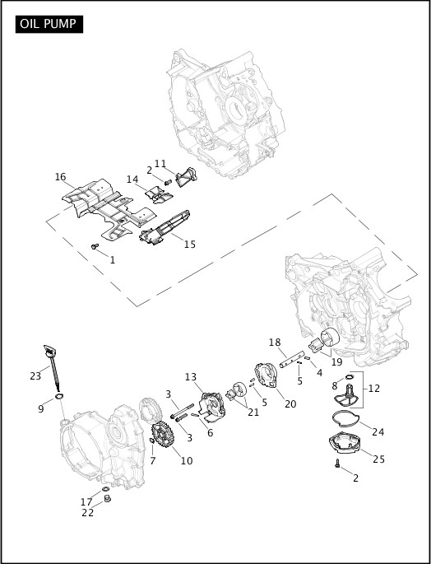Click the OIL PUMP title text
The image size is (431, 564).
[49, 23]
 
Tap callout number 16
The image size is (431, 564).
[60, 177]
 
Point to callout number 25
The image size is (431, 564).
[378, 459]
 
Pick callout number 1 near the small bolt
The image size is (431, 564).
[112, 259]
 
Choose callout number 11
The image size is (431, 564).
[160, 163]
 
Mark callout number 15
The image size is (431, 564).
[189, 244]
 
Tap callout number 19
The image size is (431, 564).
[337, 361]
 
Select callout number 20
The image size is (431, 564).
[290, 403]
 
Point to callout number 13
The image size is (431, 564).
[191, 376]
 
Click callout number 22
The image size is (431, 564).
[87, 512]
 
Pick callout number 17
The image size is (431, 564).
[86, 501]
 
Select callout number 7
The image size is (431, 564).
[153, 460]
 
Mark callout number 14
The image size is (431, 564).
[132, 179]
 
